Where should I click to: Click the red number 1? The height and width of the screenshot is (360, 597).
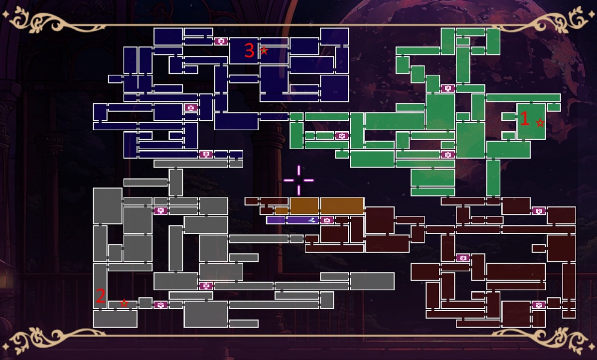coord(524,118)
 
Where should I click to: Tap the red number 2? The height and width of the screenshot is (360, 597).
coord(100,296)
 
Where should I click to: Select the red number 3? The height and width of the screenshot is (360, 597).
coord(249,51)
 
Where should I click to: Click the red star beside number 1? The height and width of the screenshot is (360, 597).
coord(540,123)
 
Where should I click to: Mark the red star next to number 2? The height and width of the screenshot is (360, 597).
coord(124,303)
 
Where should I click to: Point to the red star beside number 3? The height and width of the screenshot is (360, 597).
coord(264,50)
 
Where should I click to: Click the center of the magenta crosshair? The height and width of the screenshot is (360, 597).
coord(299,180)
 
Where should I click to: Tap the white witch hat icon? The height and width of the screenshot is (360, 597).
coord(312,220)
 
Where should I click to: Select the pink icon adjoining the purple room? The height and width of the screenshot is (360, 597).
coord(327,220)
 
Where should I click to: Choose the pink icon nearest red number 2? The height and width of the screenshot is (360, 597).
coord(160,305)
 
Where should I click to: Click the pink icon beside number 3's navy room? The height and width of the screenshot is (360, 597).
coord(221,41)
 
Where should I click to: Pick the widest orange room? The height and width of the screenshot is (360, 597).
coord(342,206)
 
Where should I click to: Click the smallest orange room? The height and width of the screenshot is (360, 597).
coord(282,211)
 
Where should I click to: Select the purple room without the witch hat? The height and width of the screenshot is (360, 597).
coord(276,220)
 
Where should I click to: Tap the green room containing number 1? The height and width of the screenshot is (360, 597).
coord(531,121)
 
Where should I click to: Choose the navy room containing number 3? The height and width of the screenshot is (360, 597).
coord(244,51)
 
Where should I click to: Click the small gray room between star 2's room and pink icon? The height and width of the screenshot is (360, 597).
coord(145,303)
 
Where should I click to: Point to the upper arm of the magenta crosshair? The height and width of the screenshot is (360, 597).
coord(299,170)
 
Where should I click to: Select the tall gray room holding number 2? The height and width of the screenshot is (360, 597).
coord(100,286)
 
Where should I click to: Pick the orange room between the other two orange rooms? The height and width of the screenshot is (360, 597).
coord(304,206)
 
